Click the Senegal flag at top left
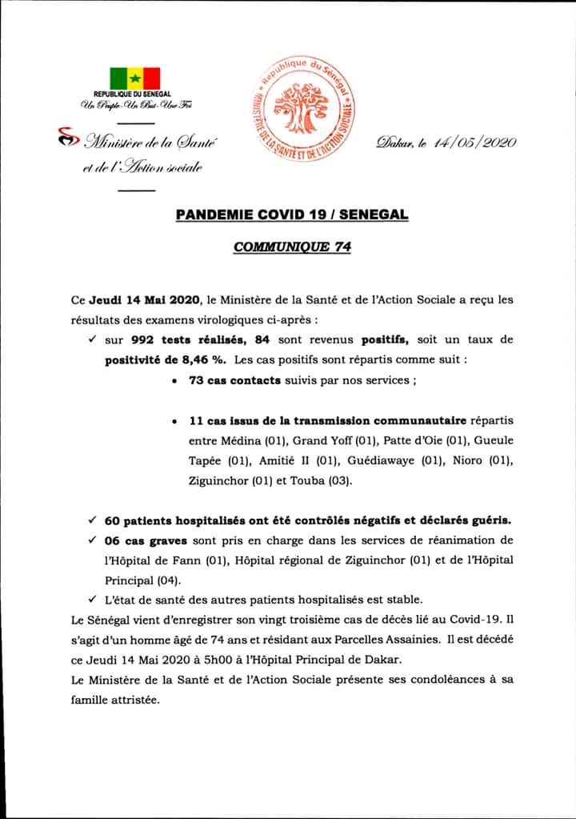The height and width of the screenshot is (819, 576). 135,78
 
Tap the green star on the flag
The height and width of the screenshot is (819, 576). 135,78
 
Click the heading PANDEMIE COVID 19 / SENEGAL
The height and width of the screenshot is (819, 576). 292,215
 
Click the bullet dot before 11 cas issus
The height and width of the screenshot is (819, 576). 174,421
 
